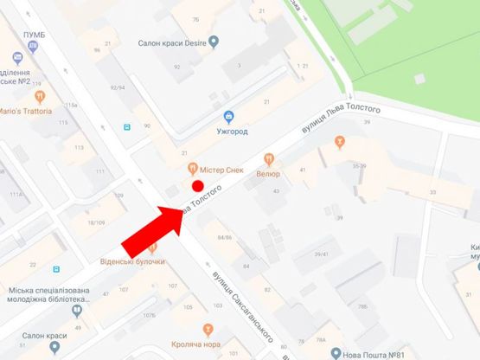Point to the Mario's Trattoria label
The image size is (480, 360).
click(25, 111)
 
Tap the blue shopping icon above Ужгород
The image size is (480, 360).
click(228, 116)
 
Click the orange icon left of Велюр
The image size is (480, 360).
click(269, 158)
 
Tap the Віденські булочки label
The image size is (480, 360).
click(131, 261)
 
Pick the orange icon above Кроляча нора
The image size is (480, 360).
click(207, 329)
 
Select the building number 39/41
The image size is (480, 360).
click(322, 254)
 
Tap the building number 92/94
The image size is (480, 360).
click(118, 87)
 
